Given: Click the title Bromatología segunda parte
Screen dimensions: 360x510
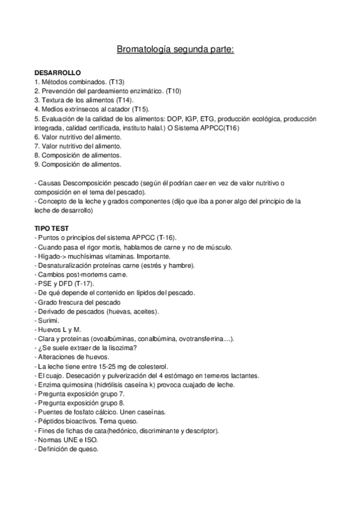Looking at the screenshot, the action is point(180,48).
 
